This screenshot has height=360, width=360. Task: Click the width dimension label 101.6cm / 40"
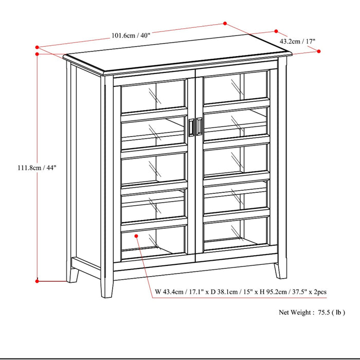pos(131,35)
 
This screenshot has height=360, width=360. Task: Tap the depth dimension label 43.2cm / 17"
pos(298,41)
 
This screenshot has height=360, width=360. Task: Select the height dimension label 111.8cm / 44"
pos(36,167)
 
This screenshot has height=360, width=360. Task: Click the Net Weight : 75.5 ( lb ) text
pos(312,312)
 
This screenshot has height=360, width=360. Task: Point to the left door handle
pos(192,128)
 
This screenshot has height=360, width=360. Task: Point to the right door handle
pos(199,128)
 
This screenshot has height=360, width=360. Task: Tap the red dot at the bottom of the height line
pos(37,281)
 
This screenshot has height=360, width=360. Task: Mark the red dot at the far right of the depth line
pos(319,51)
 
